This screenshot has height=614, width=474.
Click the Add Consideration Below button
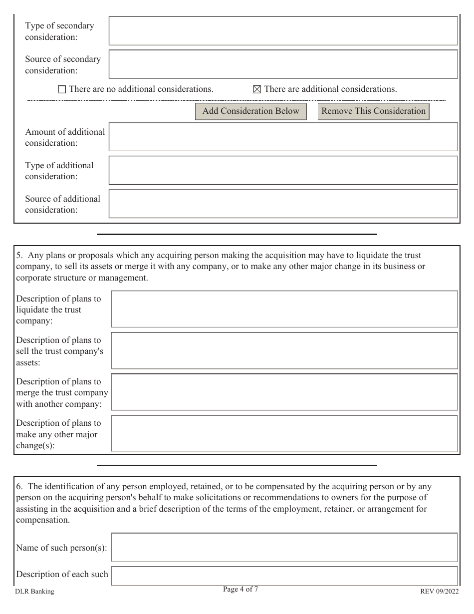pyautogui.click(x=250, y=111)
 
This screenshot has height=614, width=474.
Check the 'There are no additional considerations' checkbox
pyautogui.click(x=62, y=90)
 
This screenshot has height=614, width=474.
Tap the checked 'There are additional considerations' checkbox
pyautogui.click(x=257, y=90)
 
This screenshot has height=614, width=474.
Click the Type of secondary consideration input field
pyautogui.click(x=283, y=31)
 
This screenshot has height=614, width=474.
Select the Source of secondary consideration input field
pyautogui.click(x=283, y=64)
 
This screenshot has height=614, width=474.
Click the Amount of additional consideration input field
pyautogui.click(x=283, y=137)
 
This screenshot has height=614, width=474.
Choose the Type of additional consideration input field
pyautogui.click(x=283, y=171)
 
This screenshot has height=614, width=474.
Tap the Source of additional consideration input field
pyautogui.click(x=283, y=204)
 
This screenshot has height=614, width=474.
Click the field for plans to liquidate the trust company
pyautogui.click(x=284, y=309)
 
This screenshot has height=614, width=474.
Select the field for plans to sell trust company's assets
pyautogui.click(x=284, y=351)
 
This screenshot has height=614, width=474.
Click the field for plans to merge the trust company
pyautogui.click(x=284, y=392)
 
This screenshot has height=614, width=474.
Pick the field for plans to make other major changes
pyautogui.click(x=284, y=434)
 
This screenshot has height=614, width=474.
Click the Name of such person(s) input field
pyautogui.click(x=284, y=548)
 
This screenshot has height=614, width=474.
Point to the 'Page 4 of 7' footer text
pyautogui.click(x=240, y=590)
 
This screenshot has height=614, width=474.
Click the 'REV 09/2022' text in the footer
pyautogui.click(x=439, y=592)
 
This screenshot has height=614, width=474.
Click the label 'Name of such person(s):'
pyautogui.click(x=62, y=548)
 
